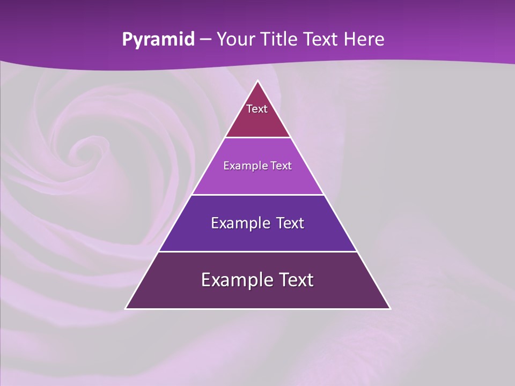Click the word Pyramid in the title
158,40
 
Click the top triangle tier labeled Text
257,115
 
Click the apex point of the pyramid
257,81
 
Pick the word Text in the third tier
290,223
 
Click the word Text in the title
322,39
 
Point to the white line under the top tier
257,138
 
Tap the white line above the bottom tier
257,251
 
